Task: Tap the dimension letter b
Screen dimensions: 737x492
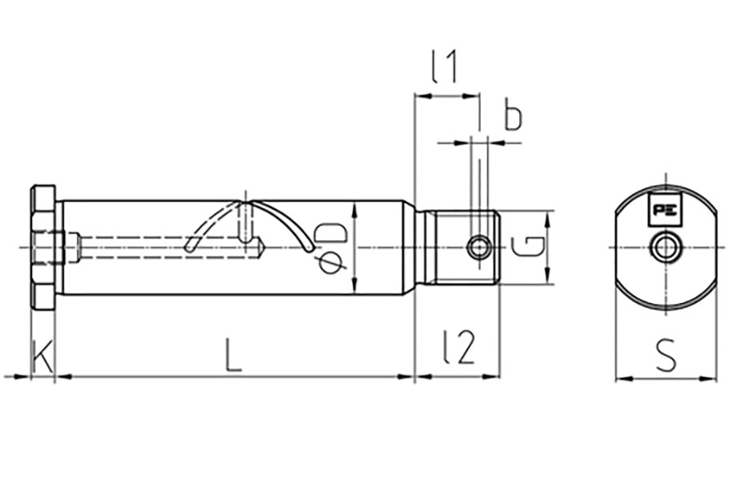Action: [513, 115]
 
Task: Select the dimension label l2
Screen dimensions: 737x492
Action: [459, 347]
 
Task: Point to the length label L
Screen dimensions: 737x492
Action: [233, 355]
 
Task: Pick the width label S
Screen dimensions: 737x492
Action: [666, 355]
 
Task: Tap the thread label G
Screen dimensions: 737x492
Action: [528, 247]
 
